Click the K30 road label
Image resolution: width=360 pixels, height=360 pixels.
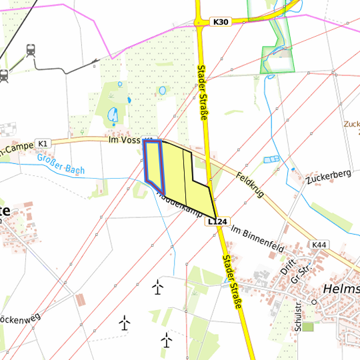click(x=221, y=22)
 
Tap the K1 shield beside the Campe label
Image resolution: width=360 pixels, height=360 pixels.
click(x=43, y=143)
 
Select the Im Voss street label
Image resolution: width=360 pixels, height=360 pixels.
click(x=124, y=140)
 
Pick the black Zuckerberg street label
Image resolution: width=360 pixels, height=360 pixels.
click(x=329, y=177)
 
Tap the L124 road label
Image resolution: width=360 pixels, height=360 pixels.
click(x=217, y=221)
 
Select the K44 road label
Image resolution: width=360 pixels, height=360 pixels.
click(x=319, y=245)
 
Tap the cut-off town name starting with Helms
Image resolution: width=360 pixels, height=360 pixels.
click(x=341, y=289)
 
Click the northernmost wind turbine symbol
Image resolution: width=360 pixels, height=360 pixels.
click(x=157, y=287)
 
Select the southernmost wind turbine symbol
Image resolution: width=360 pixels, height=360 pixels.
click(x=166, y=339)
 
